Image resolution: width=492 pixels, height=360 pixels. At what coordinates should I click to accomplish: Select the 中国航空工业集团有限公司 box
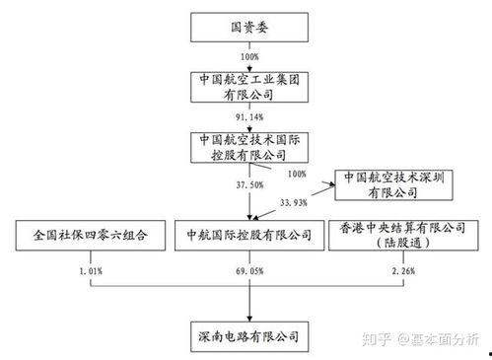coord(243,87)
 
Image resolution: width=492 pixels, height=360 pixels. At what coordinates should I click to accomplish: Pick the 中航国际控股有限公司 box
coord(243,236)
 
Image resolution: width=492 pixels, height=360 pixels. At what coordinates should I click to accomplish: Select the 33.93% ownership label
coord(296,203)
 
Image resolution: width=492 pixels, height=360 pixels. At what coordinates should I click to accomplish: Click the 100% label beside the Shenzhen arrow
coord(295,174)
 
